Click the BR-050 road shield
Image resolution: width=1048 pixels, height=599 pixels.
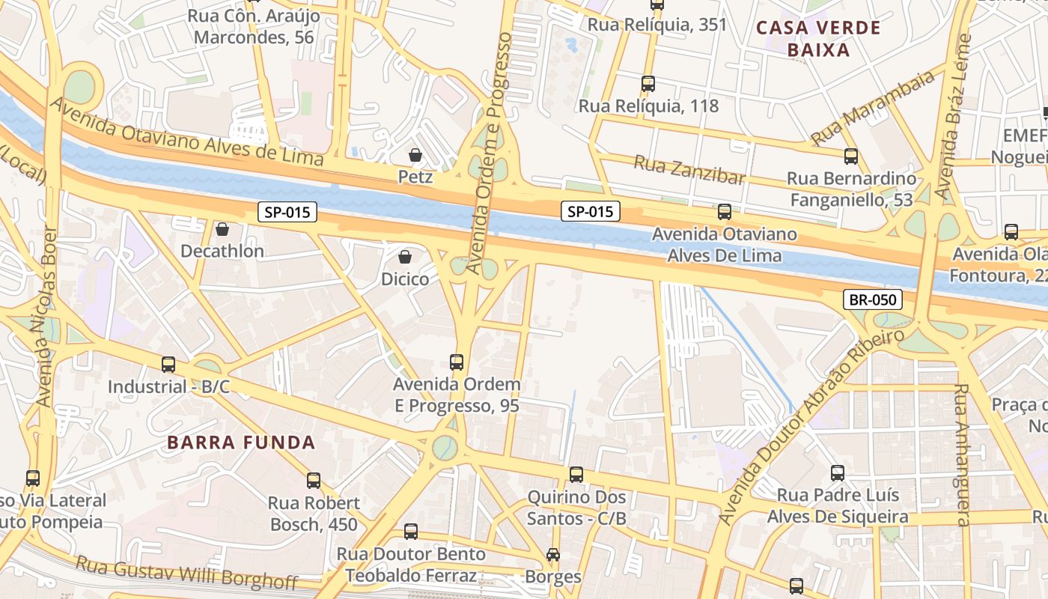click(x=872, y=300)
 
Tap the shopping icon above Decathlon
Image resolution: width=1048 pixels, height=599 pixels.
click(x=222, y=228)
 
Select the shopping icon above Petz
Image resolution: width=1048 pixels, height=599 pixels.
click(x=415, y=155)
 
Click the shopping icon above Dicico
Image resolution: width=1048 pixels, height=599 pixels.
click(x=405, y=257)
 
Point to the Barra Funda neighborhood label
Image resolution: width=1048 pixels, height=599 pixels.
click(x=241, y=443)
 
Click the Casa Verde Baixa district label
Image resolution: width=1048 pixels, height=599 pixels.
click(x=818, y=39)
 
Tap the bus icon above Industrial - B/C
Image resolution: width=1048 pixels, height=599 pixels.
click(x=168, y=365)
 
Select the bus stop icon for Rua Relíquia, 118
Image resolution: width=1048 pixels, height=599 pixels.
click(x=648, y=84)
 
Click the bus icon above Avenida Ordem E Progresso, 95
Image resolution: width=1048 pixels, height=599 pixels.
click(x=457, y=362)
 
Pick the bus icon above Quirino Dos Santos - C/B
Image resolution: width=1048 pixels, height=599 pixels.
click(x=576, y=474)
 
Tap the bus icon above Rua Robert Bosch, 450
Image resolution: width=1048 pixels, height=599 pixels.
click(x=314, y=481)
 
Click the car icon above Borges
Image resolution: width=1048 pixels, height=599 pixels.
click(x=553, y=555)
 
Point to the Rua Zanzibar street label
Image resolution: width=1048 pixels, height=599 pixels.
click(x=689, y=170)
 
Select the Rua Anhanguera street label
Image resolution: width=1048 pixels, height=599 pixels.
click(x=963, y=454)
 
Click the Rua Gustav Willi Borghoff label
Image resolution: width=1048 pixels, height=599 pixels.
click(x=187, y=572)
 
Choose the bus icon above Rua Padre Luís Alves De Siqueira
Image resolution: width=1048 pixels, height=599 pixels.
click(x=838, y=473)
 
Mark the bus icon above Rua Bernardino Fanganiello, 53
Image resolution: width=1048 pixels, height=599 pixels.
click(x=851, y=156)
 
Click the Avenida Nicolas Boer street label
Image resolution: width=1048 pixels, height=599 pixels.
click(x=46, y=314)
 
